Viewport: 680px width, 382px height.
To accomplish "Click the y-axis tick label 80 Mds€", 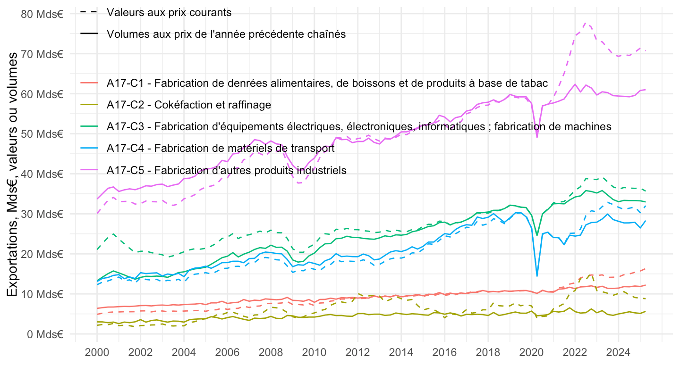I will (42, 14).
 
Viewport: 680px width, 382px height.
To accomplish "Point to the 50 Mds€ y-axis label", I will (42, 134).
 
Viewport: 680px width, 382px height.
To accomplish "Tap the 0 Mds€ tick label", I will (45, 334).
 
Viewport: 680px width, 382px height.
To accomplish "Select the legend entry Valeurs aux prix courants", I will (169, 13).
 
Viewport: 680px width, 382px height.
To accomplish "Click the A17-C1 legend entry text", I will (327, 83).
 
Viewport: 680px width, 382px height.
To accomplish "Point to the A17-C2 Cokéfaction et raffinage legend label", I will (189, 105).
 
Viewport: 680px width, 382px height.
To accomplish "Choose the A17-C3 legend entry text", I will (359, 126).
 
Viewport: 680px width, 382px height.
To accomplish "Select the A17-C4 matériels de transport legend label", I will (221, 148).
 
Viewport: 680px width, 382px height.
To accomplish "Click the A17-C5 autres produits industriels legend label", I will (227, 170).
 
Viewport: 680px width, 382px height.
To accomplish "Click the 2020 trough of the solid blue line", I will (537, 276).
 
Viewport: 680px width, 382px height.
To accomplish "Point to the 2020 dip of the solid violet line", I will (537, 137).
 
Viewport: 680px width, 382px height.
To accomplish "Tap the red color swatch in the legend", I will (89, 83).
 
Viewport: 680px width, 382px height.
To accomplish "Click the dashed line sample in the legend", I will (89, 13).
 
